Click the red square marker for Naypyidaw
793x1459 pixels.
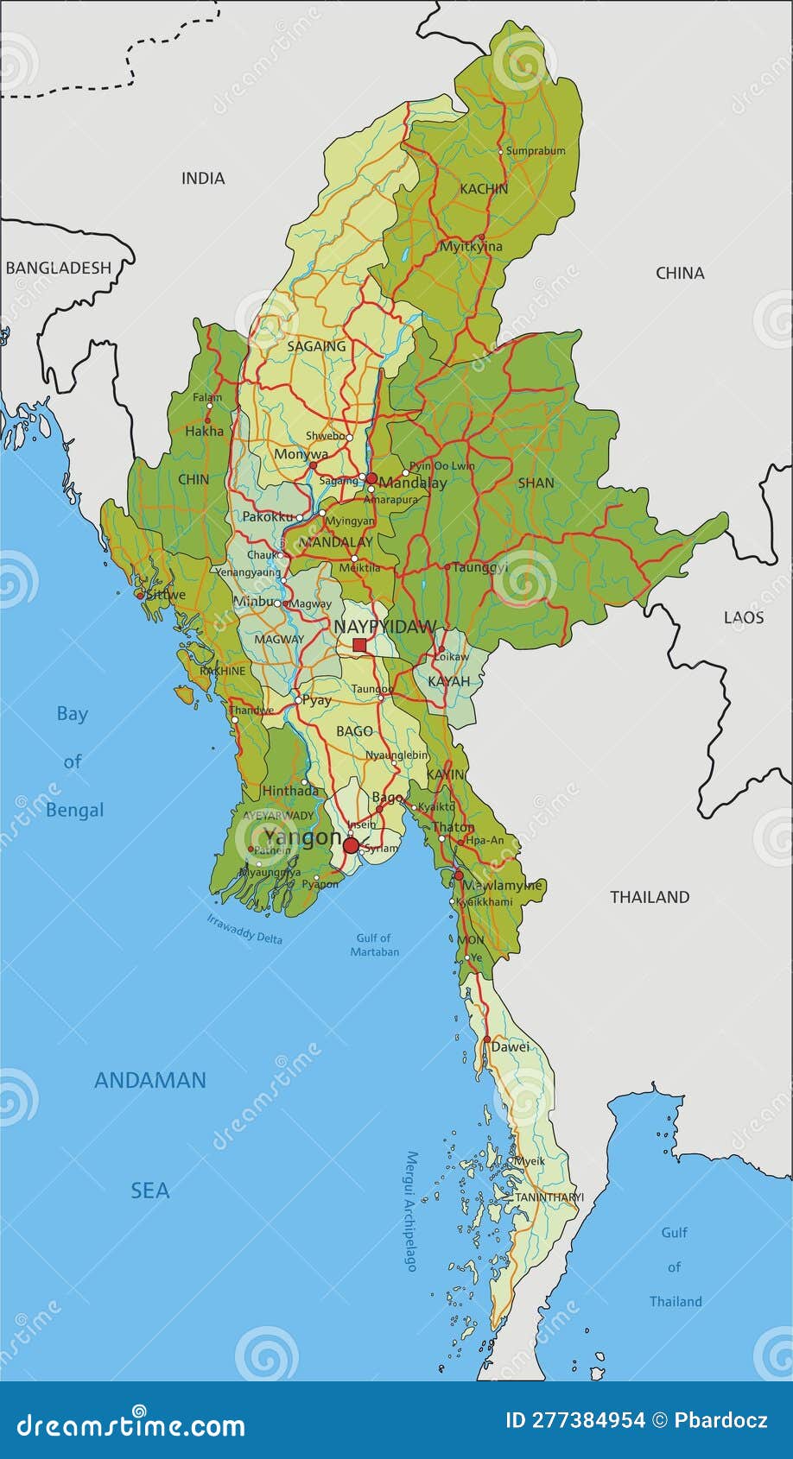[359, 645]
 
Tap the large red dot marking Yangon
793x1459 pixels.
[351, 845]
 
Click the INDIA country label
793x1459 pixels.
[203, 179]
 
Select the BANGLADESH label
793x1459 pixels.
[59, 268]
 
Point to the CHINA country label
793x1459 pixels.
[680, 274]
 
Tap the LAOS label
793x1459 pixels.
[743, 617]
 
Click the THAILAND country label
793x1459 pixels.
[650, 897]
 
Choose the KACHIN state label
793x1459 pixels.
[484, 189]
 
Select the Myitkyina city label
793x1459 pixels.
[471, 247]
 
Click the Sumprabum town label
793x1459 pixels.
[536, 151]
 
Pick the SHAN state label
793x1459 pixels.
[536, 483]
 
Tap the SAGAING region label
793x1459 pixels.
[316, 346]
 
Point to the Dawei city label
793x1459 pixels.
[510, 1047]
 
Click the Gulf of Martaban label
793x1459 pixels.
[374, 944]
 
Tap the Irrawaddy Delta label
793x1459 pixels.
[244, 929]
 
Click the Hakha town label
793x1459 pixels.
[204, 431]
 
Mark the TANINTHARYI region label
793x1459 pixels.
[549, 1197]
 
